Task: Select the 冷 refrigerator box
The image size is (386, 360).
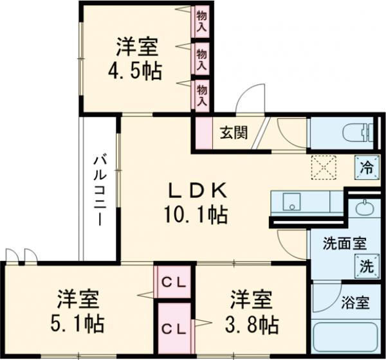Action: [365, 169]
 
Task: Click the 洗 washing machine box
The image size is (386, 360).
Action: [364, 265]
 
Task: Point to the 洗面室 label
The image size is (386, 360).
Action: [344, 244]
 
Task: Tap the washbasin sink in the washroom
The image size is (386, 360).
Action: [364, 209]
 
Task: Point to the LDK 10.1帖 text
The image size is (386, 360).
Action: [198, 203]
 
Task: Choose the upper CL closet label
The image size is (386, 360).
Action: [174, 282]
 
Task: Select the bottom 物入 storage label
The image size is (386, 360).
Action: [201, 94]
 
